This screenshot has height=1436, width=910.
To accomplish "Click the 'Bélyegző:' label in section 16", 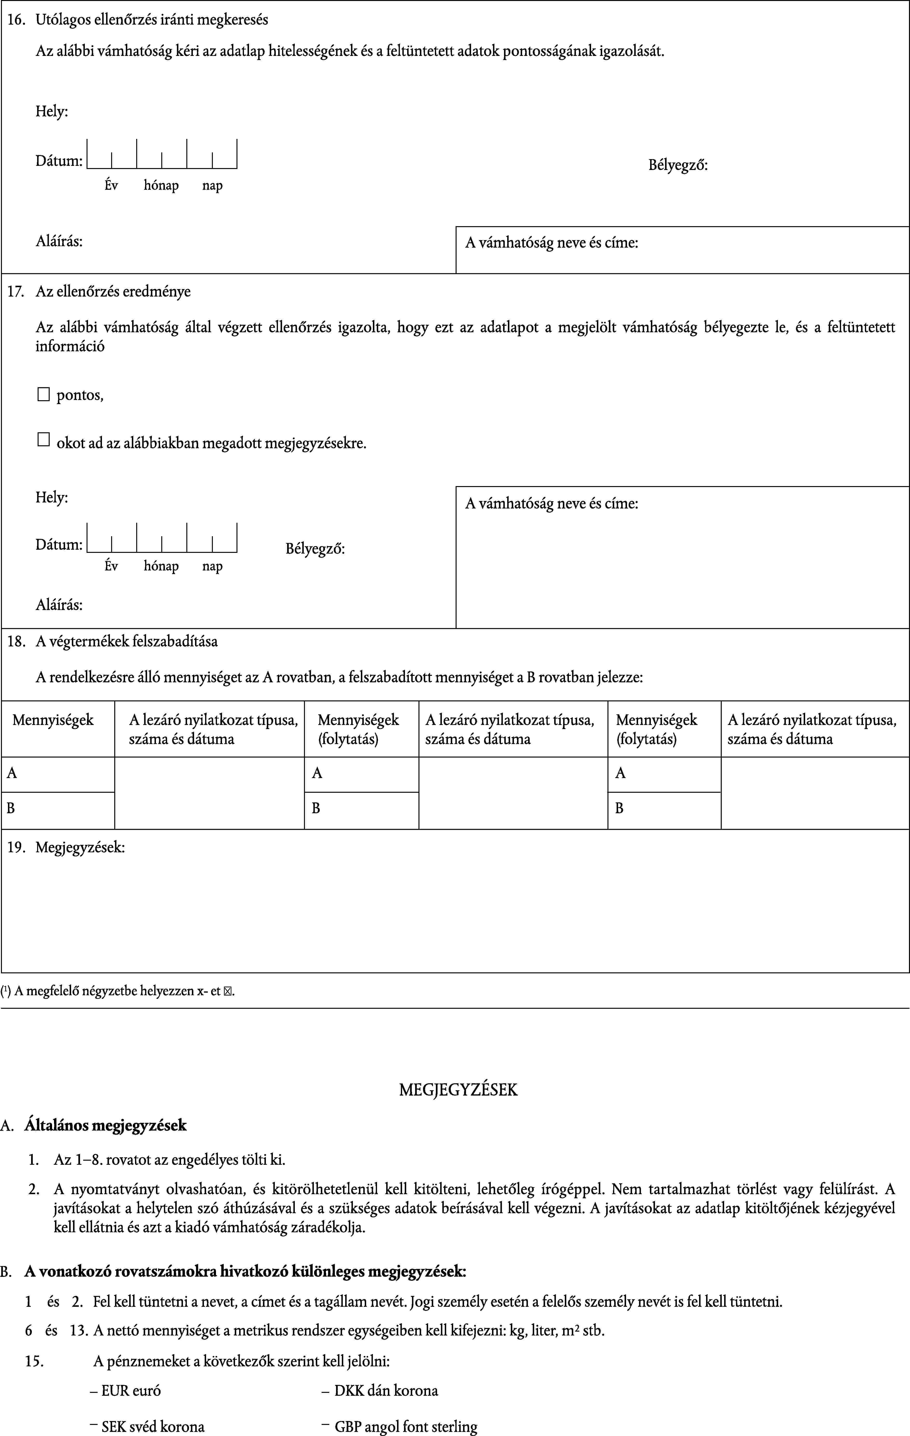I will (678, 165).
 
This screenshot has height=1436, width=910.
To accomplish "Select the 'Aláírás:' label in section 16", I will (59, 242).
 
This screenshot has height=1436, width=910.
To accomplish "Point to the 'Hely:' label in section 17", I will (52, 497).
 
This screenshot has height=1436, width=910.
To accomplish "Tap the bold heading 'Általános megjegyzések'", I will (106, 1125).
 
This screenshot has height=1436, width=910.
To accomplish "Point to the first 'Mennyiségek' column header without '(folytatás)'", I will (53, 720).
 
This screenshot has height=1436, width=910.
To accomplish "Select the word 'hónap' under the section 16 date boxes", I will (161, 185).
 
